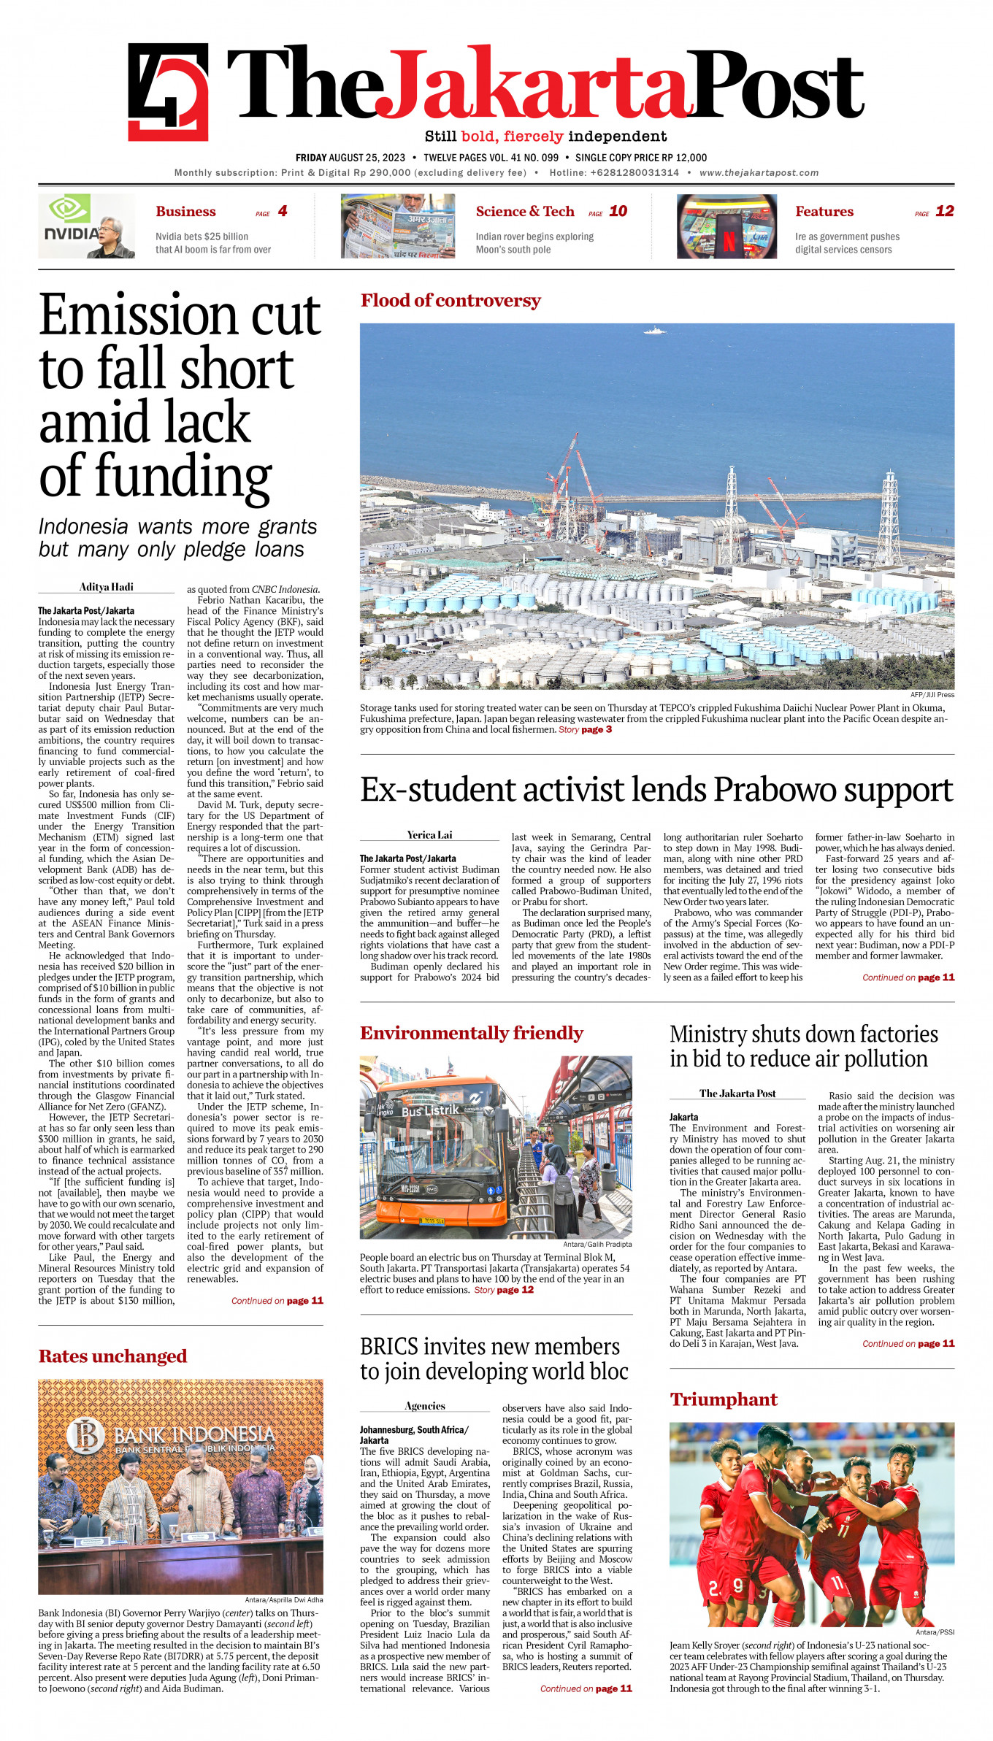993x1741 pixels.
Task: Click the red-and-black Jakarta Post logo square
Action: click(x=168, y=92)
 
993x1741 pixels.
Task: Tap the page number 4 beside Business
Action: click(x=282, y=211)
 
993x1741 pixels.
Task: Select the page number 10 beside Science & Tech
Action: click(x=618, y=211)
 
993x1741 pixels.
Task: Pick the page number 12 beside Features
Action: click(x=944, y=211)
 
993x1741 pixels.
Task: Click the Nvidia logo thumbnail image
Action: click(x=86, y=226)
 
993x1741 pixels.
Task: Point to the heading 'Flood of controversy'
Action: click(x=451, y=301)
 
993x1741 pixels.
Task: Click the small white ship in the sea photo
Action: click(x=654, y=331)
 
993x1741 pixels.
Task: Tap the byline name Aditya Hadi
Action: click(x=107, y=587)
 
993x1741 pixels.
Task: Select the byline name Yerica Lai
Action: click(x=429, y=834)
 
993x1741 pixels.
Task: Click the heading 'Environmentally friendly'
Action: click(x=471, y=1033)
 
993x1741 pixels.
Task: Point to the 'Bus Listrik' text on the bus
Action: click(x=430, y=1110)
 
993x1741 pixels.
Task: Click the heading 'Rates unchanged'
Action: click(x=112, y=1356)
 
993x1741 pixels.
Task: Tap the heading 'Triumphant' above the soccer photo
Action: click(x=724, y=1399)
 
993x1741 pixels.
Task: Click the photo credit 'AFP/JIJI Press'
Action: click(x=932, y=695)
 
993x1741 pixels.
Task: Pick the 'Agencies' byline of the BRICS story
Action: click(x=425, y=1406)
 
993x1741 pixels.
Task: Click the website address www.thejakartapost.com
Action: click(x=759, y=173)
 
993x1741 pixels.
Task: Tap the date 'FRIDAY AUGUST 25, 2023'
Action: click(x=350, y=158)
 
